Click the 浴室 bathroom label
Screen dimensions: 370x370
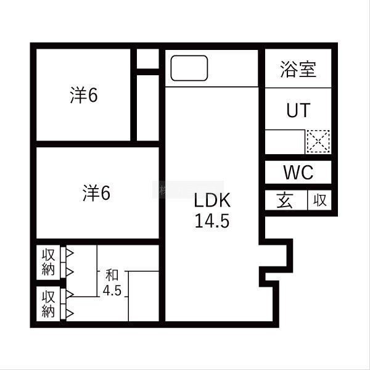coord(298,70)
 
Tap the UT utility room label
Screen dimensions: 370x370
coord(298,110)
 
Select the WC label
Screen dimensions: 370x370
coord(298,173)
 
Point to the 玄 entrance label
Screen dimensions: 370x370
coord(284,200)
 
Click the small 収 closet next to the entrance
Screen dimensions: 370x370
coord(319,200)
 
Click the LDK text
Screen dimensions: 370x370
coord(212,201)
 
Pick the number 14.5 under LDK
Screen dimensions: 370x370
coord(212,221)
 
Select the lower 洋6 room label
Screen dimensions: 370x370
coord(96,194)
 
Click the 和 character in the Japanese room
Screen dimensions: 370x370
coord(112,275)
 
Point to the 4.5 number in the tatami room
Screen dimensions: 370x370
coord(112,290)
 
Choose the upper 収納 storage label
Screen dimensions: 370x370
coord(48,261)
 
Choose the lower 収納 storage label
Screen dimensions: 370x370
coord(48,304)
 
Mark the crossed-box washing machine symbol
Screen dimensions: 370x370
coord(318,142)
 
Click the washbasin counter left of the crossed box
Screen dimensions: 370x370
coord(285,142)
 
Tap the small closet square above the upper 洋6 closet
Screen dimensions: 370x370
coord(147,60)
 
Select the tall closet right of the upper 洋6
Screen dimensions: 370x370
coord(147,107)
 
